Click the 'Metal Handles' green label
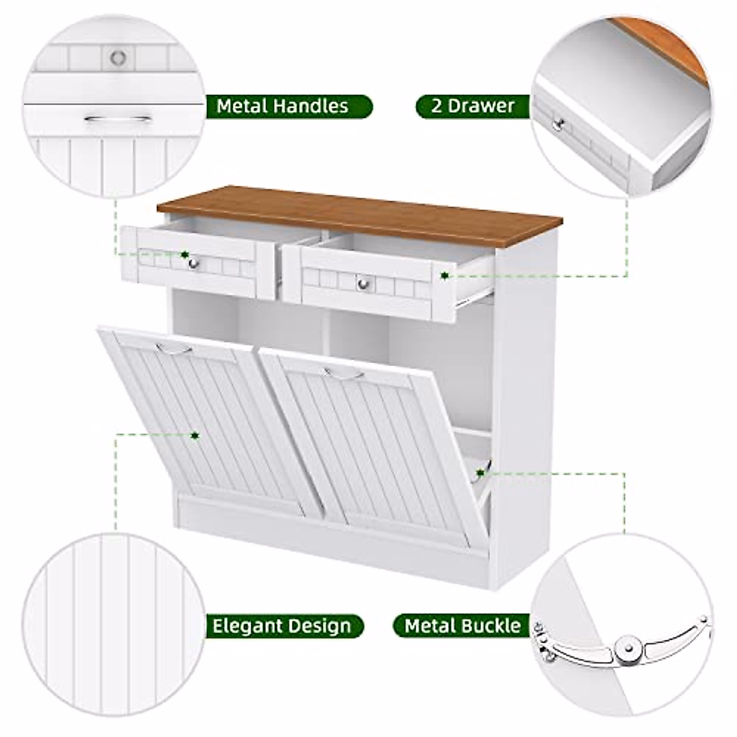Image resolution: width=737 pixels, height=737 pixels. (x=283, y=106)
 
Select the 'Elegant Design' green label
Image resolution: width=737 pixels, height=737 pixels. (x=282, y=626)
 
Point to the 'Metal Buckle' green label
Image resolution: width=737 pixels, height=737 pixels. (x=462, y=626)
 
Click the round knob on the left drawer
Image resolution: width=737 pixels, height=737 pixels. (x=193, y=263)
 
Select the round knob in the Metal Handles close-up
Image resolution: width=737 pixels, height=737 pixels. (x=118, y=58)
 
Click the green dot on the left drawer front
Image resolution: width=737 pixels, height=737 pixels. (x=184, y=254)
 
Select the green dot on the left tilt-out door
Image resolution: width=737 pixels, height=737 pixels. (x=195, y=435)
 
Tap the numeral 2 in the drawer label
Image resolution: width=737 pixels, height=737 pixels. (x=436, y=106)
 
